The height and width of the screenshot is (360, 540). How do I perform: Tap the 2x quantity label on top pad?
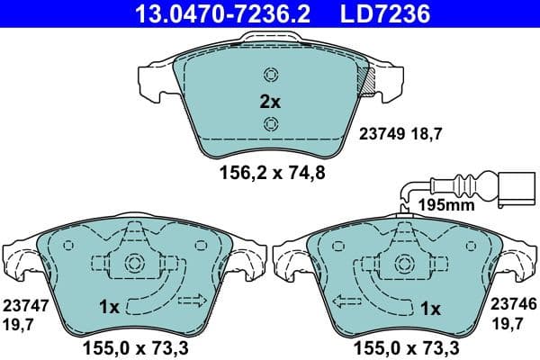270,102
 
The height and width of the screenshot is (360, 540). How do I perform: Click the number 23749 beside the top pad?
379,134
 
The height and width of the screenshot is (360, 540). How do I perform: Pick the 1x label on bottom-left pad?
109,308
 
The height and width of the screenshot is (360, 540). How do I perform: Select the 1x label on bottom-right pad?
431,308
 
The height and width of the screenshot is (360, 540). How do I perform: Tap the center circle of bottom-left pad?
135,264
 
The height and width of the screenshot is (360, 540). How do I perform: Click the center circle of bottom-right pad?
404,264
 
